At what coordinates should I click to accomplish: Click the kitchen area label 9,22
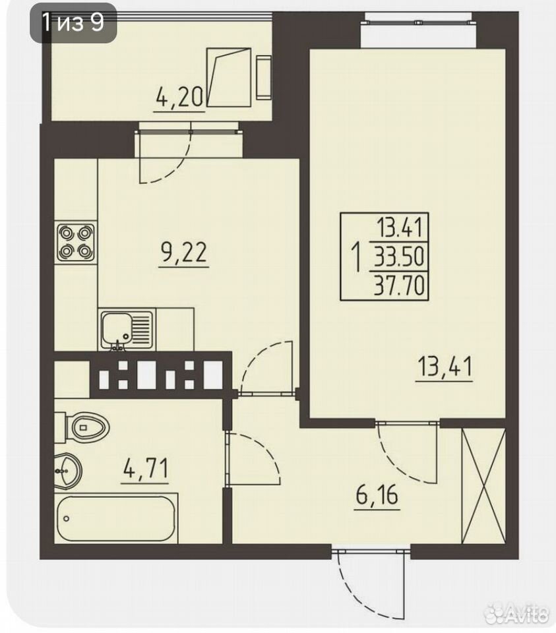click(x=184, y=253)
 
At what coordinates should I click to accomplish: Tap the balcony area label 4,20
click(x=179, y=98)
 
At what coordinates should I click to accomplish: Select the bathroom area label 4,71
click(x=145, y=468)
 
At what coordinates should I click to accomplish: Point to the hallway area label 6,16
click(x=377, y=496)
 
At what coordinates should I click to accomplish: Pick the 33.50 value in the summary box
click(x=399, y=256)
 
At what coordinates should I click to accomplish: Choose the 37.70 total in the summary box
click(x=399, y=286)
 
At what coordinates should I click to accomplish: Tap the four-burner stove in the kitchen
click(x=75, y=242)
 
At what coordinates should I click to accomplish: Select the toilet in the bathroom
click(x=83, y=427)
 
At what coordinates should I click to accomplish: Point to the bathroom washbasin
click(x=68, y=470)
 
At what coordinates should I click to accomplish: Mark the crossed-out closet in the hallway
click(x=483, y=486)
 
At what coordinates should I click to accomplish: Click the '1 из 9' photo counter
click(x=73, y=22)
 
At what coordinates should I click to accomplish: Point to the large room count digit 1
click(x=357, y=256)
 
